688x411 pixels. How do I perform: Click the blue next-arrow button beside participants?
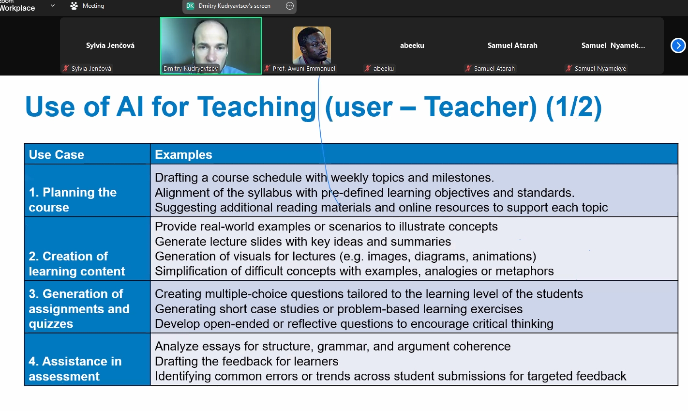pyautogui.click(x=678, y=46)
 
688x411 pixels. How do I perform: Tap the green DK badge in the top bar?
pyautogui.click(x=190, y=6)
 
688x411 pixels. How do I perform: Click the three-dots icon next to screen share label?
pyautogui.click(x=290, y=6)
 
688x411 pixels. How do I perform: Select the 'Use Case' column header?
pyautogui.click(x=57, y=154)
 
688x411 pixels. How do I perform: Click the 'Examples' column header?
pyautogui.click(x=183, y=154)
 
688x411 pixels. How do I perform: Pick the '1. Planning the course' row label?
pyautogui.click(x=73, y=200)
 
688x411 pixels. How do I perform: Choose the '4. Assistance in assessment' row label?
pyautogui.click(x=75, y=368)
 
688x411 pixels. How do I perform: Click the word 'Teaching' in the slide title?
pyautogui.click(x=256, y=107)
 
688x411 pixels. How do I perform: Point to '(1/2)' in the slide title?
pyautogui.click(x=574, y=107)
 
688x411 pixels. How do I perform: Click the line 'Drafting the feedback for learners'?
pyautogui.click(x=247, y=362)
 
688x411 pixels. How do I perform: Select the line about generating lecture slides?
pyautogui.click(x=303, y=242)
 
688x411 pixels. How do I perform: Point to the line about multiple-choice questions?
pyautogui.click(x=369, y=294)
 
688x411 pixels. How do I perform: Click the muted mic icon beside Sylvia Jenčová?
pyautogui.click(x=66, y=69)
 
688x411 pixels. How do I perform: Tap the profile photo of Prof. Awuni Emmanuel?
pyautogui.click(x=312, y=45)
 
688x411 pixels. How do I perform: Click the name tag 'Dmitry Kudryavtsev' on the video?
pyautogui.click(x=191, y=69)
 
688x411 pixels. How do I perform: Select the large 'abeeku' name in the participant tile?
pyautogui.click(x=412, y=46)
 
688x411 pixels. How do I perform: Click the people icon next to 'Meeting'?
pyautogui.click(x=74, y=6)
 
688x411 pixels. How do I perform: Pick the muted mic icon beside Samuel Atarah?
pyautogui.click(x=468, y=69)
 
